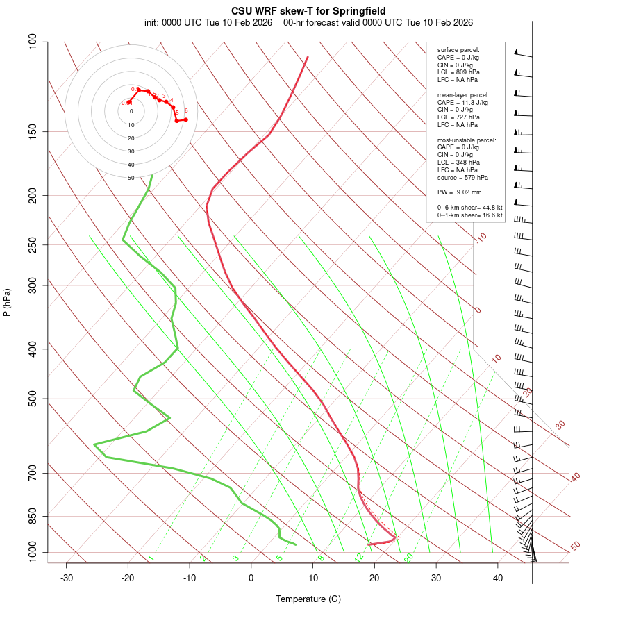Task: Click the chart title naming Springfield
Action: [x=308, y=11]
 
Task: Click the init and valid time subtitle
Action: [x=308, y=22]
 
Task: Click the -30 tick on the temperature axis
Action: [x=67, y=578]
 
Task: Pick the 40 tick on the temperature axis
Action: [x=498, y=578]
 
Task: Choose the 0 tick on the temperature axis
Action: [x=251, y=578]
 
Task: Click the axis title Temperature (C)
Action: [x=308, y=599]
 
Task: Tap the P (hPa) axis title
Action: [x=7, y=302]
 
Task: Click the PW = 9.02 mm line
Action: [x=459, y=192]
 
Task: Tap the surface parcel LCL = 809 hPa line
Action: [x=458, y=72]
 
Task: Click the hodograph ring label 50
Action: [x=131, y=178]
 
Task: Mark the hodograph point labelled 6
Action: [x=185, y=119]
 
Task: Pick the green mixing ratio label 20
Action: [x=409, y=557]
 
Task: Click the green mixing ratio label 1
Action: [x=151, y=558]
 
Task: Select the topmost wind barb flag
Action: [x=517, y=52]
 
